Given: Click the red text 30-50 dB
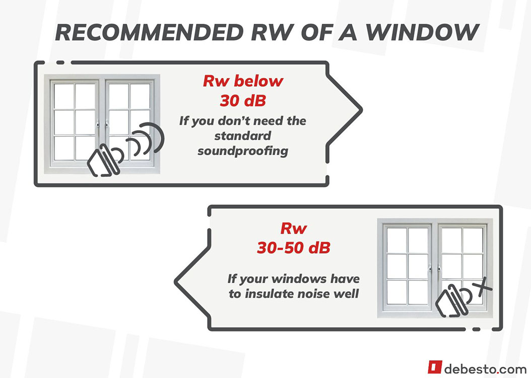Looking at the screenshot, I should tap(293, 248).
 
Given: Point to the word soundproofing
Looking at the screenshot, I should tap(243, 151).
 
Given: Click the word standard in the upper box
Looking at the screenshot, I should tap(243, 136).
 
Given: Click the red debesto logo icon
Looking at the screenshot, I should tap(435, 367).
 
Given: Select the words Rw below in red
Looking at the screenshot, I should tap(243, 82).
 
